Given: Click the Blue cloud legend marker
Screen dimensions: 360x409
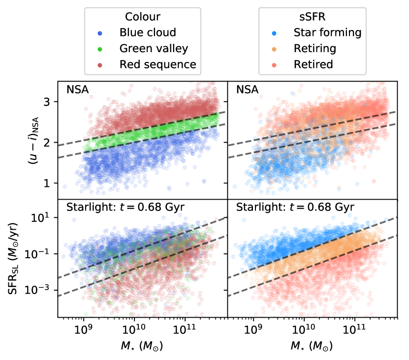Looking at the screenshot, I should [100, 33].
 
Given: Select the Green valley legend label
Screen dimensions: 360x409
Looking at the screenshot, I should [154, 49].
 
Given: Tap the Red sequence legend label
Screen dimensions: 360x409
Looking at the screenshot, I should [157, 64].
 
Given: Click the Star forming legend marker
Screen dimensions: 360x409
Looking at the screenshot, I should [275, 33].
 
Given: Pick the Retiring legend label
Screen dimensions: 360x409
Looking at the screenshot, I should [315, 49].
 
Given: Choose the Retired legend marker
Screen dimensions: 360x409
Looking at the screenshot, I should [275, 64].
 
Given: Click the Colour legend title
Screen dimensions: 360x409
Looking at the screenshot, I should [143, 17].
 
